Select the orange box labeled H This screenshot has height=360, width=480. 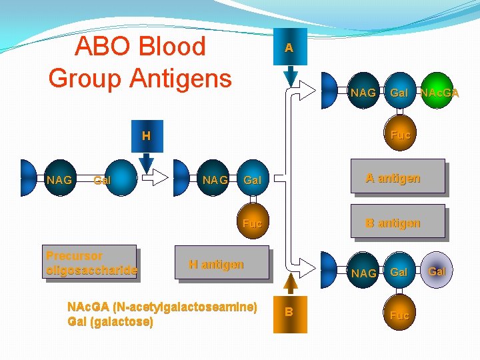click(x=147, y=137)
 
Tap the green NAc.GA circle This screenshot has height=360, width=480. click(x=439, y=93)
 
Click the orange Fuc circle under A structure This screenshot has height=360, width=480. click(x=400, y=135)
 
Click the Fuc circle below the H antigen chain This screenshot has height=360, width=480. click(x=253, y=223)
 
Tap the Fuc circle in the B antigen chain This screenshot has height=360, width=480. click(x=399, y=315)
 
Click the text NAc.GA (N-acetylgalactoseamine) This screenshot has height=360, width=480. click(x=162, y=308)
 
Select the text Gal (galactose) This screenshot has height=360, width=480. click(x=110, y=322)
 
